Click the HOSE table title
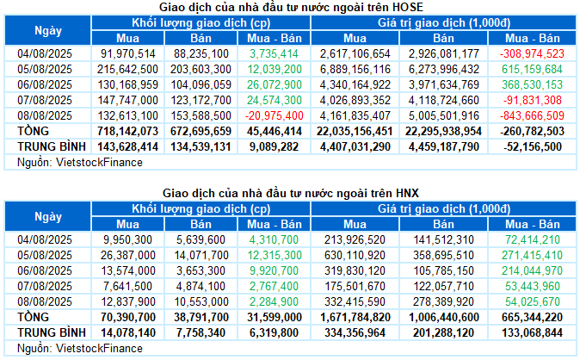[289, 7]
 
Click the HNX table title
[289, 194]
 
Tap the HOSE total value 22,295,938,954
[444, 131]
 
